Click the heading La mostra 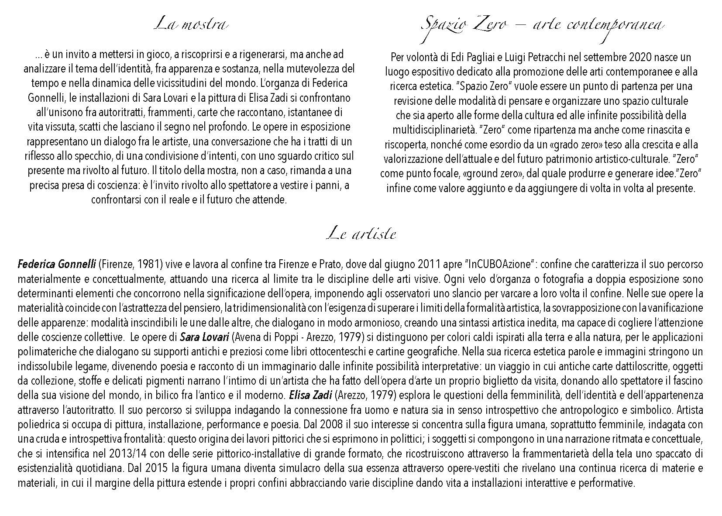[x=191, y=24]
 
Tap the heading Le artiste [x=361, y=234]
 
